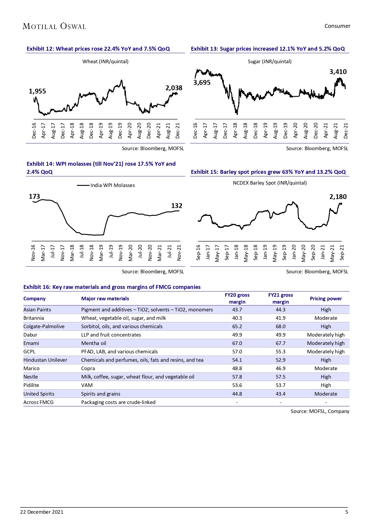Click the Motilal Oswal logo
pyautogui.click(x=54, y=26)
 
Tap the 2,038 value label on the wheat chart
pyautogui.click(x=174, y=88)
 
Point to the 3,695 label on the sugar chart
pyautogui.click(x=202, y=83)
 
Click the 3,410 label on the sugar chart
pyautogui.click(x=338, y=72)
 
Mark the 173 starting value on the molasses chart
pyautogui.click(x=34, y=196)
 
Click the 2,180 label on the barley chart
pyautogui.click(x=338, y=197)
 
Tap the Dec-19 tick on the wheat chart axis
pyautogui.click(x=120, y=131)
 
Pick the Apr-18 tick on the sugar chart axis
pyautogui.click(x=235, y=131)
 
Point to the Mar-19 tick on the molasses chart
pyautogui.click(x=101, y=253)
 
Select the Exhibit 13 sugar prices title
pyautogui.click(x=268, y=49)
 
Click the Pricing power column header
pyautogui.click(x=326, y=299)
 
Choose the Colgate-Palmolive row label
pyautogui.click(x=44, y=326)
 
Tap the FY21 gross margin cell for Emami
pyautogui.click(x=281, y=343)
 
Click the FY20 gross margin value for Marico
pyautogui.click(x=237, y=368)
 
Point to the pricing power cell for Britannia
pyautogui.click(x=326, y=318)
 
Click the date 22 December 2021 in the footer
pyautogui.click(x=42, y=512)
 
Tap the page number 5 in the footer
pyautogui.click(x=347, y=512)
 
